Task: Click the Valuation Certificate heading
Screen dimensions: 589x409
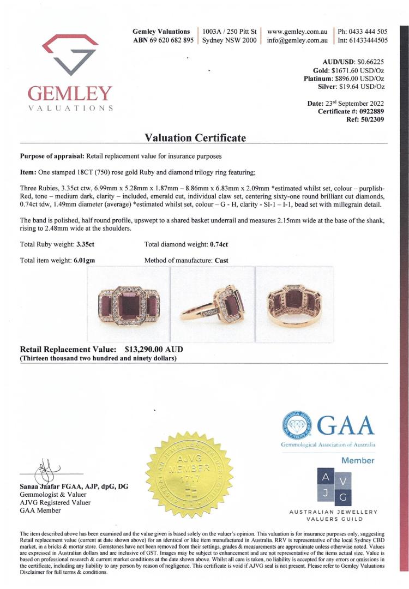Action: (195, 138)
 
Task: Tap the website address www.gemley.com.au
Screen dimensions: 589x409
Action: (297, 32)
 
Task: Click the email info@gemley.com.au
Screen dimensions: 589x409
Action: (297, 40)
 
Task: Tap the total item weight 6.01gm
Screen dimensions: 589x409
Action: (84, 261)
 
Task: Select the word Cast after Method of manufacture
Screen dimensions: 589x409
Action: (221, 261)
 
